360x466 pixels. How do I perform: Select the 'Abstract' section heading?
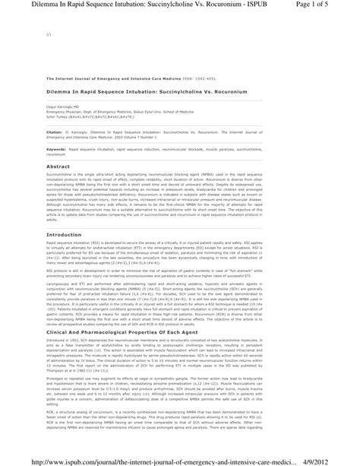58,166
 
